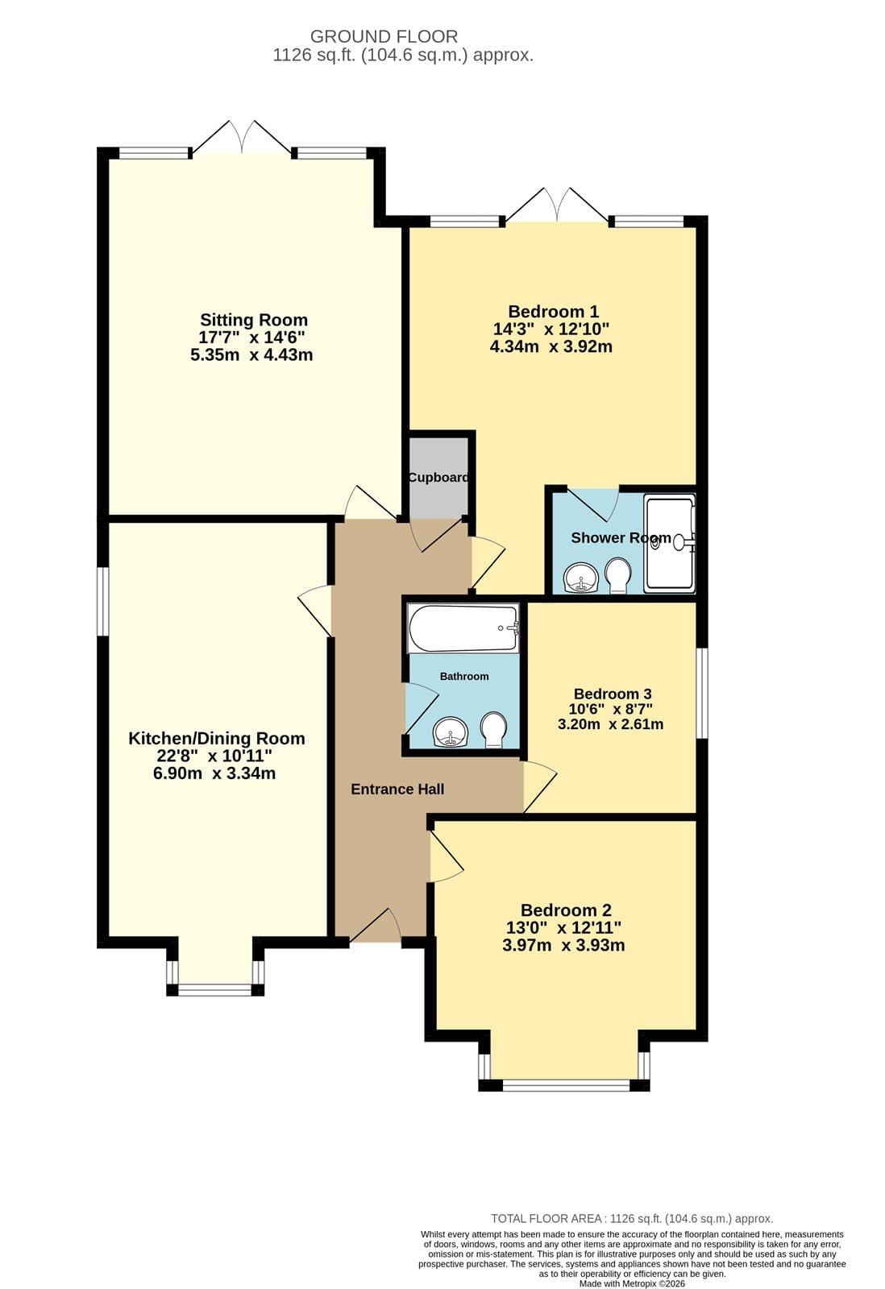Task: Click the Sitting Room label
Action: coord(254,320)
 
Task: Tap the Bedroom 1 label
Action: coord(554,312)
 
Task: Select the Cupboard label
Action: coord(438,478)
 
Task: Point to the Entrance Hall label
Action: coord(397,789)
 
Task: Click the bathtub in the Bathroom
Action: coord(463,628)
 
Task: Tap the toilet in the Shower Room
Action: coord(618,575)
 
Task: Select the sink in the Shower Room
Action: coord(582,578)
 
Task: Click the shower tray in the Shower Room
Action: coord(670,543)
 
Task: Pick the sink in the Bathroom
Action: coord(451,732)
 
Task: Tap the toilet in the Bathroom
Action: coord(493,730)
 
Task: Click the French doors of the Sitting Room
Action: coord(242,138)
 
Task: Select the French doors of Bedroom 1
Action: coord(557,205)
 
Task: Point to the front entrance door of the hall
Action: coord(376,925)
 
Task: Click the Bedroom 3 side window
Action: coord(702,692)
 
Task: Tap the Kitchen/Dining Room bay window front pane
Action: coord(214,989)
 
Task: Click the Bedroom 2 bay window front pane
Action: coord(566,1084)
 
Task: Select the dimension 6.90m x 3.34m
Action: coord(214,773)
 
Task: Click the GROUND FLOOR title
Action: coord(384,36)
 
